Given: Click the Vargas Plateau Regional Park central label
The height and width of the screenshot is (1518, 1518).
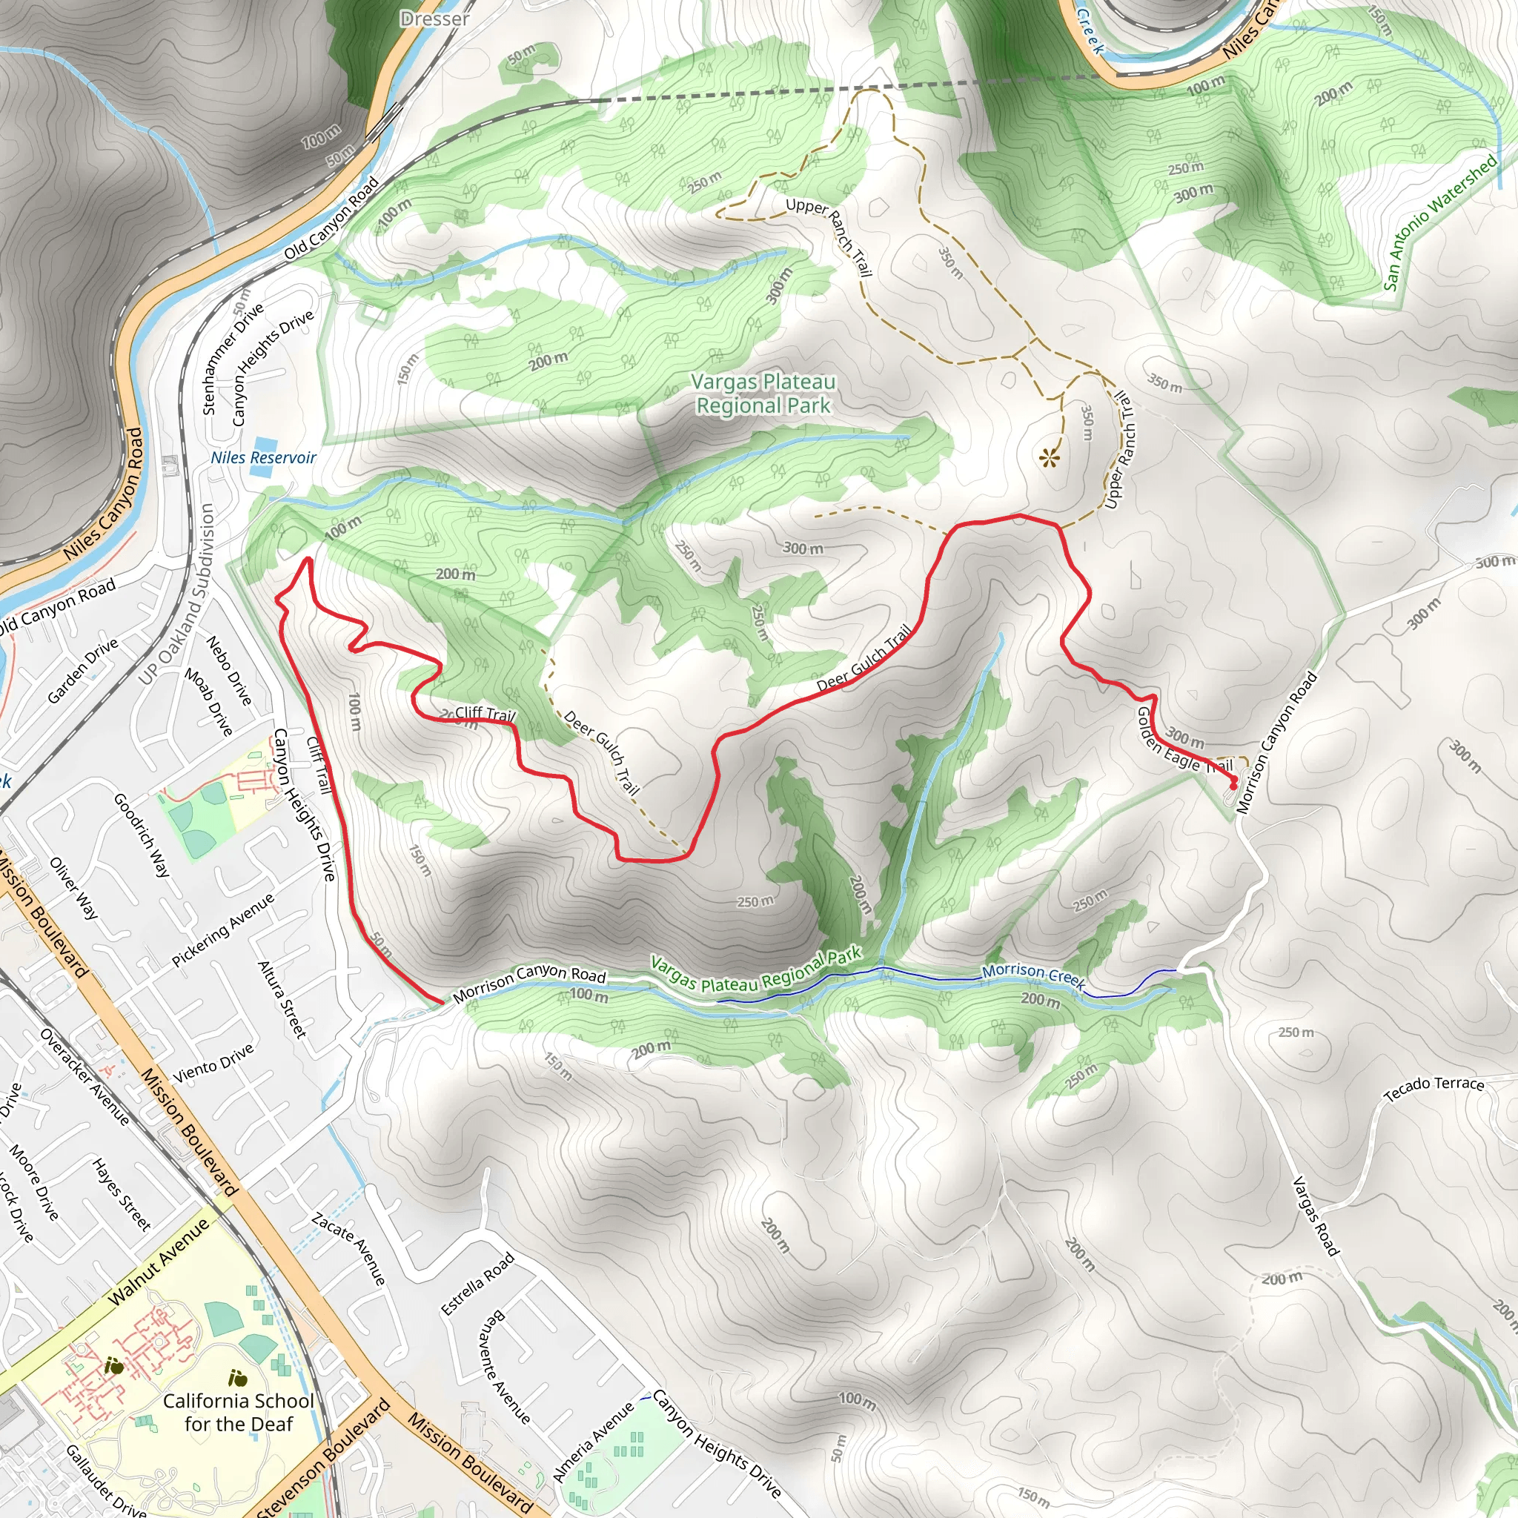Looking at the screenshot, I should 763,394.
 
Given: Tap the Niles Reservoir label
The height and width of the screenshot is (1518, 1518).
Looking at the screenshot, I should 263,458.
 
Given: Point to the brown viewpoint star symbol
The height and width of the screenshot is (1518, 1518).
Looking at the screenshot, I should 1049,458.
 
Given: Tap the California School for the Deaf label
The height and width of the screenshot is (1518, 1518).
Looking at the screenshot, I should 238,1412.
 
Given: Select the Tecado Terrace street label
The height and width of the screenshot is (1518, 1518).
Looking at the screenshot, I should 1434,1087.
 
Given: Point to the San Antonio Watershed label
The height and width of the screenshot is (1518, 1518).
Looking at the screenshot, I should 1439,222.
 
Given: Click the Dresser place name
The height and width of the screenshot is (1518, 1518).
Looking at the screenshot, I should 434,19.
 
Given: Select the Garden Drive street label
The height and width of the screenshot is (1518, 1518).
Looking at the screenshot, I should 82,670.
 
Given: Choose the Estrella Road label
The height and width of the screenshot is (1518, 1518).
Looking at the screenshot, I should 477,1283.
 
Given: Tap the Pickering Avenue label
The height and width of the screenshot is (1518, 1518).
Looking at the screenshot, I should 223,929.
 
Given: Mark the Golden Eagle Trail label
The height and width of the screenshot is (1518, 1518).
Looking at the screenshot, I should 1183,742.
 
